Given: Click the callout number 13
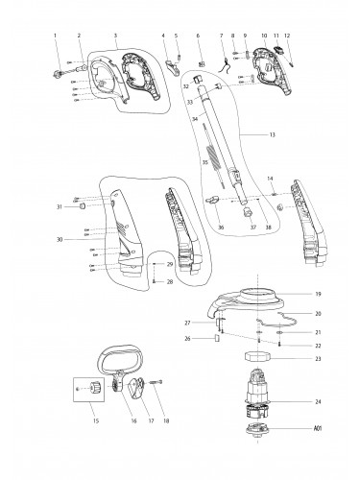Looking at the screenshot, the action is pos(272,134).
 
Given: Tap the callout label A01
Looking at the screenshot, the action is pos(317,428).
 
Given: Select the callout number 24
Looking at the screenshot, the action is pos(318,402).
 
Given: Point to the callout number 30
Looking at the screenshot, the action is pos(60,239).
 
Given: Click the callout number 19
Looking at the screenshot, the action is pos(318,294).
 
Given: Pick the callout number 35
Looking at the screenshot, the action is pos(205,162).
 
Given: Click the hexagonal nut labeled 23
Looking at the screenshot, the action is pos(257,356).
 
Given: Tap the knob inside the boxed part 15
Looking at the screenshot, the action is pos(95,389).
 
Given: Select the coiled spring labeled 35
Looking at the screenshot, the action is pos(214,156).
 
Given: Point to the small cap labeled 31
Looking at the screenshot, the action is pos(83,206).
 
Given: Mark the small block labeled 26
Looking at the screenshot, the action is pos(216,338).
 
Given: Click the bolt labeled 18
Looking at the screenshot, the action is pos(156,382).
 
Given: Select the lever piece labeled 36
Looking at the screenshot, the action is pos(213,200).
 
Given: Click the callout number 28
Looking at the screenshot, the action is pos(170,282).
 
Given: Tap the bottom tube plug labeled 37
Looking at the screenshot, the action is pos(248,212).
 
